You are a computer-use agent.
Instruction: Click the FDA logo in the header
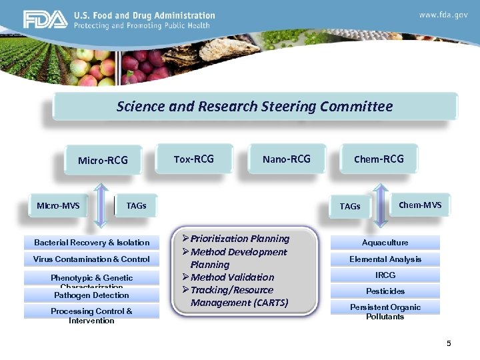point(45,19)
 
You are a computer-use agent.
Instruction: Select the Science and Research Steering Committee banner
point(255,107)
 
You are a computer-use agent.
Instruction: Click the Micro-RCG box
point(103,160)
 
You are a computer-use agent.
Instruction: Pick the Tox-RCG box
point(194,159)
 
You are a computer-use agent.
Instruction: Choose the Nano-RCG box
point(287,159)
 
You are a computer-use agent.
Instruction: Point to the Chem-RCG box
point(379,159)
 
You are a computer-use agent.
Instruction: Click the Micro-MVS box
point(58,205)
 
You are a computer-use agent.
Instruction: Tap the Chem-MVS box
point(420,205)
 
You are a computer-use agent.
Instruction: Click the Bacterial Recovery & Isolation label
point(92,242)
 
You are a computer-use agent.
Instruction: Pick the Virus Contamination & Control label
point(92,259)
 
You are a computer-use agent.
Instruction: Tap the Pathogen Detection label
point(92,295)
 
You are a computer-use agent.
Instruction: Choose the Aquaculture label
point(385,243)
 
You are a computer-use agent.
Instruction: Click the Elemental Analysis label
point(385,259)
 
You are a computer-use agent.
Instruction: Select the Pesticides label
point(385,291)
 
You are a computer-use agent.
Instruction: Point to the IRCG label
point(385,275)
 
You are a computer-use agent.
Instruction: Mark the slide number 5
point(449,343)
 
